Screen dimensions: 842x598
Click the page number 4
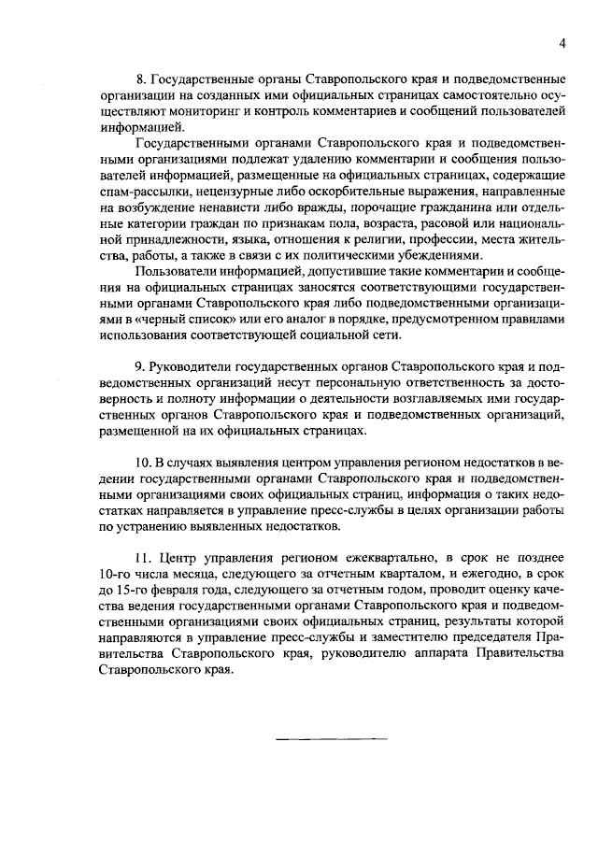(562, 42)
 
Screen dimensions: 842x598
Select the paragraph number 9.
(140, 364)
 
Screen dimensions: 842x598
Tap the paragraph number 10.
(143, 464)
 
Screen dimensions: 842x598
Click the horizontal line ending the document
(331, 740)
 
